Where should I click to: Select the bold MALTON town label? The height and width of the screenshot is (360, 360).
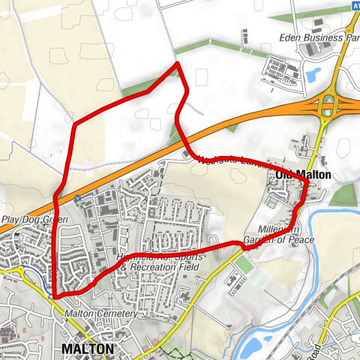coord(88,349)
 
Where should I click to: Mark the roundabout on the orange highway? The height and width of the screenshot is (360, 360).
coord(328,106)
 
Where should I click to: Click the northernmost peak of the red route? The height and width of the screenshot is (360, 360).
coord(177,64)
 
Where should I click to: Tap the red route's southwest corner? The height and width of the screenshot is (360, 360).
coord(55,297)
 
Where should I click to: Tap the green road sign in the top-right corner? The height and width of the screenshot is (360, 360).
coord(354,4)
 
